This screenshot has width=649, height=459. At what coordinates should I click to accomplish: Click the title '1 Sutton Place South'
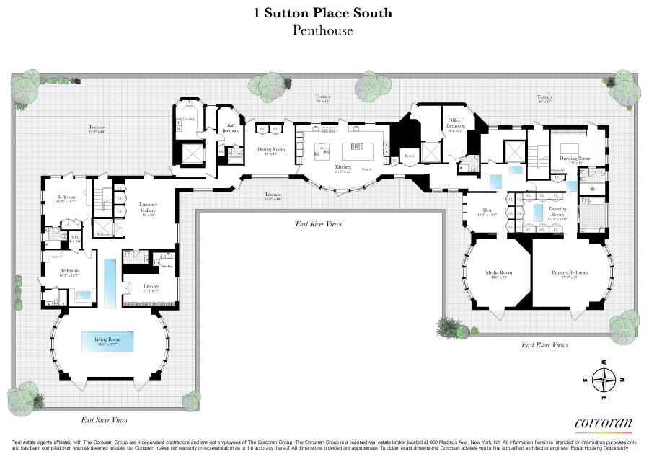pyautogui.click(x=324, y=12)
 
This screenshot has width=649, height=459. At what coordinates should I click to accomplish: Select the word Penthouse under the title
pyautogui.click(x=324, y=30)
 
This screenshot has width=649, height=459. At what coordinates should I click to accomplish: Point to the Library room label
pyautogui.click(x=150, y=286)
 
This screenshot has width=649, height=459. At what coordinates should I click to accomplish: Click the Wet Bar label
pyautogui.click(x=166, y=264)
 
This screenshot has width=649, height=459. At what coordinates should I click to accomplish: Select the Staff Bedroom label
pyautogui.click(x=231, y=127)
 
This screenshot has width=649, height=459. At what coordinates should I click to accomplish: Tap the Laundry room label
pyautogui.click(x=189, y=117)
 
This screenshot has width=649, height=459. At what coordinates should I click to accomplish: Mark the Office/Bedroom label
pyautogui.click(x=455, y=122)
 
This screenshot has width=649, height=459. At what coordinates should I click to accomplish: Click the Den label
pyautogui.click(x=487, y=210)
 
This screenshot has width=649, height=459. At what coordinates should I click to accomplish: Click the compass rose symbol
pyautogui.click(x=604, y=377)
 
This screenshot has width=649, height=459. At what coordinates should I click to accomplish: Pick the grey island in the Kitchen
pyautogui.click(x=356, y=152)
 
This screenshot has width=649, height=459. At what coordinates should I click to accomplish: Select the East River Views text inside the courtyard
pyautogui.click(x=319, y=224)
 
